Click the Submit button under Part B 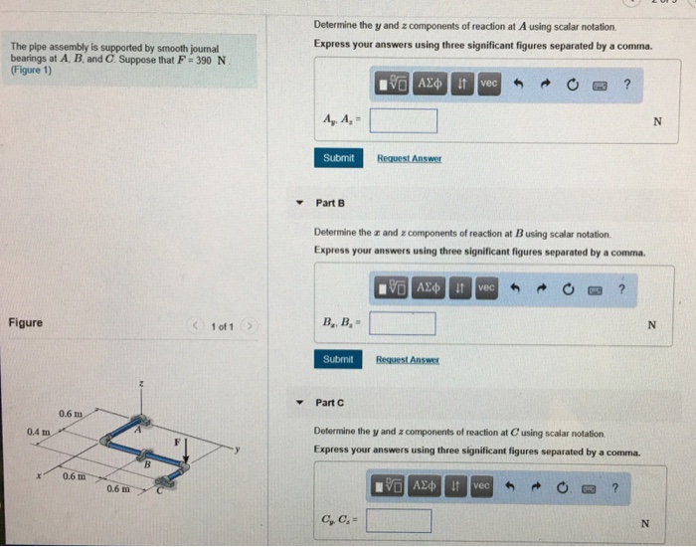338,359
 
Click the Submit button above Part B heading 338,158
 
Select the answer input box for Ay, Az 405,121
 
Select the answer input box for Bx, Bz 403,323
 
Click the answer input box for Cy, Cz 399,521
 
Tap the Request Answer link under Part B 409,359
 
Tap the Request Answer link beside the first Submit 410,159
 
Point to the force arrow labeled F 186,453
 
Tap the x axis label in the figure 40,474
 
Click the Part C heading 329,403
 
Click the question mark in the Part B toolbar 621,288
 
